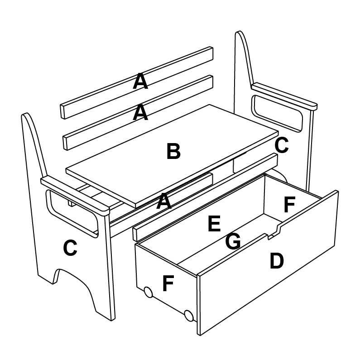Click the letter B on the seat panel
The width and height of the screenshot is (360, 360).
coord(173,152)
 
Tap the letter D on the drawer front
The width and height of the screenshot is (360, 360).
coord(276,261)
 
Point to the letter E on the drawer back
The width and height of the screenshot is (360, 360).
coord(214,224)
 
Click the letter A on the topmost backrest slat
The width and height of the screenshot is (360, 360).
coord(140,82)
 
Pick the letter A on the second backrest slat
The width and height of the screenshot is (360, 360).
coord(140,113)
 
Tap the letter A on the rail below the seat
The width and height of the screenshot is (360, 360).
coord(164,202)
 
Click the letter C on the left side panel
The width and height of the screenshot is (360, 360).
coord(70,248)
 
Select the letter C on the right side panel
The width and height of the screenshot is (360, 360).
coord(281,145)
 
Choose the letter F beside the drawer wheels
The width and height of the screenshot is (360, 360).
coord(168,284)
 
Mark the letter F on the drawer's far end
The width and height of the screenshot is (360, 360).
coord(289,205)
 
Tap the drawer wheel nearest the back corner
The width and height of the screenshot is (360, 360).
coord(148,292)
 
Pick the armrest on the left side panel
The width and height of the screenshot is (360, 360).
coord(75,195)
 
